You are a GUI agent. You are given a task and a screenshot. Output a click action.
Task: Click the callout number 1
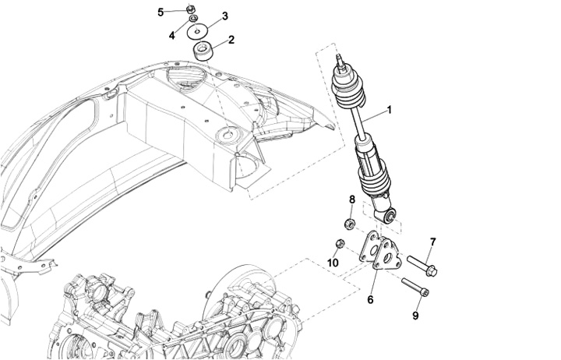390,110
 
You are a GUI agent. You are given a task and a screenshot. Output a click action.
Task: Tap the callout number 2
231,40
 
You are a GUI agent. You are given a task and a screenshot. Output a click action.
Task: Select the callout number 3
224,16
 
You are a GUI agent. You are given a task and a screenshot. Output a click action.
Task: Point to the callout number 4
172,35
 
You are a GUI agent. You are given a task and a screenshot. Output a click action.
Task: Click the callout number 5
161,12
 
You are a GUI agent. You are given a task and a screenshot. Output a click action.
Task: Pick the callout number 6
370,299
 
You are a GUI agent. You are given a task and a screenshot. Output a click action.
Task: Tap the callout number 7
433,242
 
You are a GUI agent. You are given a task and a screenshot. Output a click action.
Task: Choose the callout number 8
352,199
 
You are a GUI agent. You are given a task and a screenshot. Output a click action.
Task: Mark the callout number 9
415,316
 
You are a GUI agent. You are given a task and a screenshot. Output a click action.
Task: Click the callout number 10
333,263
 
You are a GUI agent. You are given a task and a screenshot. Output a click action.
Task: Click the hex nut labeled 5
191,9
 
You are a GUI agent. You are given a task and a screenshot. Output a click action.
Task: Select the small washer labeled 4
192,18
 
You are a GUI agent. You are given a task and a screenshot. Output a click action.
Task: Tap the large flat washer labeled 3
197,31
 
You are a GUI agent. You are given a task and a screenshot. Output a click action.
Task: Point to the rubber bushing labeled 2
203,51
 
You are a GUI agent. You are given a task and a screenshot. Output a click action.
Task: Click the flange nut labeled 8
349,224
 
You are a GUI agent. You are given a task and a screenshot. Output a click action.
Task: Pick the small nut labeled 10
340,244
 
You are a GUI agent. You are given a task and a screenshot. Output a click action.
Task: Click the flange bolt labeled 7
422,266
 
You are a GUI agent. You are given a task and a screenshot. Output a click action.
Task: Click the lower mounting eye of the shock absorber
390,216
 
